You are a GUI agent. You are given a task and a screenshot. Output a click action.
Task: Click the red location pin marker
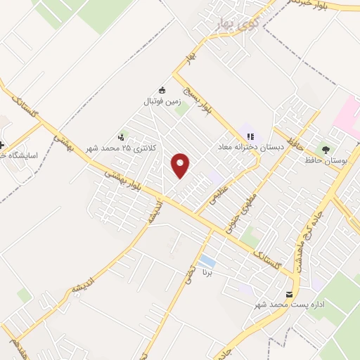tap(181, 165)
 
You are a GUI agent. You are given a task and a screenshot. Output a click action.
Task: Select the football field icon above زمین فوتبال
tap(162, 90)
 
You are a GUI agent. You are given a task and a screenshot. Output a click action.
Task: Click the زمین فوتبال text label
tap(162, 101)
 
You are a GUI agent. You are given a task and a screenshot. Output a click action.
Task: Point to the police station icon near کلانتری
tap(122, 137)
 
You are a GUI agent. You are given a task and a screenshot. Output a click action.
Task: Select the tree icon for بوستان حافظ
tap(325, 149)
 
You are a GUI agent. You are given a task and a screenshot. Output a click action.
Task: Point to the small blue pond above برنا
tap(206, 262)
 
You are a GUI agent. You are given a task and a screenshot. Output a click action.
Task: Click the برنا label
tap(206, 271)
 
